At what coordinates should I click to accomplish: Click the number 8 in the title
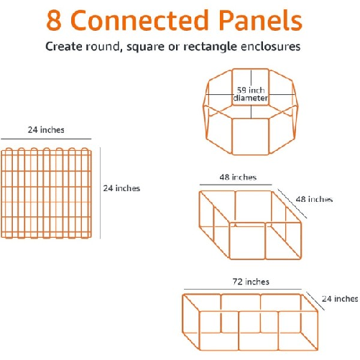(x=54, y=20)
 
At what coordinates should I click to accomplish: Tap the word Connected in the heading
(x=139, y=20)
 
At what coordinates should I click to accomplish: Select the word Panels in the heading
(x=260, y=20)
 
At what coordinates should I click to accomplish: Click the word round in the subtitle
(x=103, y=47)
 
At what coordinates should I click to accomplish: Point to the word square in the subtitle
(x=145, y=47)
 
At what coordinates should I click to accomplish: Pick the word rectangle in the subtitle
(x=210, y=47)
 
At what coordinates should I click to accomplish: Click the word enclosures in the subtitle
(x=270, y=46)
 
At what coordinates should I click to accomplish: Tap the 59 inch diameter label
(x=251, y=94)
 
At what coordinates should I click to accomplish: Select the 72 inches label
(x=251, y=282)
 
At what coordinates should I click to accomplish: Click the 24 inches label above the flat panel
(x=46, y=130)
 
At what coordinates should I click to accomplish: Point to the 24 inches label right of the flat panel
(x=121, y=188)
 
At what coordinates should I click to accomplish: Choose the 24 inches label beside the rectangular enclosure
(x=340, y=299)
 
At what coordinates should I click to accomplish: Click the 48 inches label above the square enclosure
(x=238, y=177)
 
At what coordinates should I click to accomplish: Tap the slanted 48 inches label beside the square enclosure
(x=314, y=199)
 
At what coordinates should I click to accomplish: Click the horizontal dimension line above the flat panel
(x=46, y=139)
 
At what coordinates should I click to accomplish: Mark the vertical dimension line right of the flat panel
(x=100, y=193)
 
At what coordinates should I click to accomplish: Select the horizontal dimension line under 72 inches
(x=243, y=290)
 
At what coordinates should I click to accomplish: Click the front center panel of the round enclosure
(x=251, y=137)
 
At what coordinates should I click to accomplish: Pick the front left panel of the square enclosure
(x=247, y=241)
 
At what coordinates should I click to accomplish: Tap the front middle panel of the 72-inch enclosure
(x=259, y=331)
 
